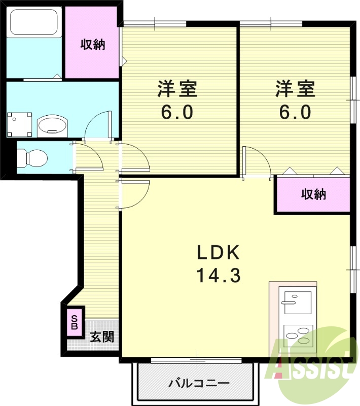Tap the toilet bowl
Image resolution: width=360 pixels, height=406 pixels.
(32, 157)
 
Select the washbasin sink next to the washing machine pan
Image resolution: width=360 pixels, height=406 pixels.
(53, 126)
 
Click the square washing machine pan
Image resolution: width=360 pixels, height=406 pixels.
(19, 124)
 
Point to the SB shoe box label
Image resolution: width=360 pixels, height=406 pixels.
(74, 322)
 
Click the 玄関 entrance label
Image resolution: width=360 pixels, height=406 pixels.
(101, 337)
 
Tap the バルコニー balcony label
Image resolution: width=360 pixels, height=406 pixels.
(199, 383)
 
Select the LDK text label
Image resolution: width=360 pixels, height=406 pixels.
(219, 252)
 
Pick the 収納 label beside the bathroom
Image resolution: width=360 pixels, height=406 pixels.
(93, 45)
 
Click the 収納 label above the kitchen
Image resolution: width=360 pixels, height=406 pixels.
(313, 194)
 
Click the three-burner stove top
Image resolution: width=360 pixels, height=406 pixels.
(298, 336)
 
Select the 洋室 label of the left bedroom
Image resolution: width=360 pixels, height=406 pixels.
(177, 89)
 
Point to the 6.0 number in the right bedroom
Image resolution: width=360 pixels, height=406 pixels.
(295, 112)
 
